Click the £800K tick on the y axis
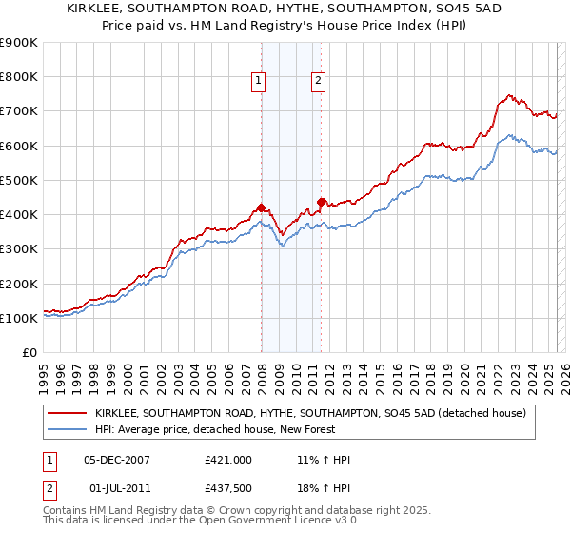[19, 77]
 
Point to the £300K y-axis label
[19, 249]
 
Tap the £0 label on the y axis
[30, 353]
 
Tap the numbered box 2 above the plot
[318, 82]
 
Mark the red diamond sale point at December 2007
[261, 207]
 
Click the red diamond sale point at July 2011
[322, 202]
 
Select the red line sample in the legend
[68, 413]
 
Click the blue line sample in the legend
[68, 430]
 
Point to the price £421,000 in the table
[227, 460]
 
